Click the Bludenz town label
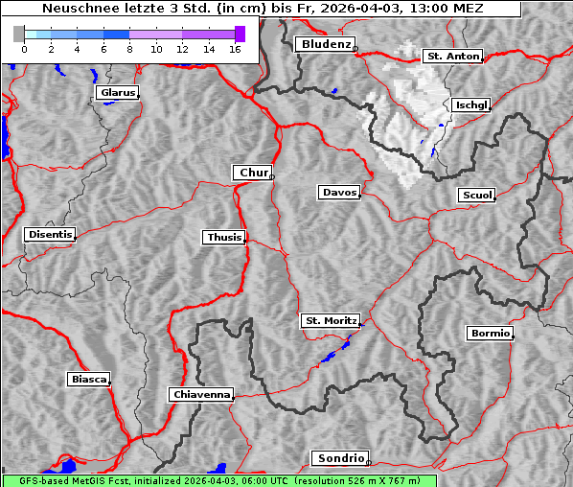[324, 44]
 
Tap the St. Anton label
[451, 57]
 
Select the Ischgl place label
[471, 104]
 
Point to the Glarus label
[117, 93]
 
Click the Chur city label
[253, 173]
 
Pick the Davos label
[338, 193]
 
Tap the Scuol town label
[476, 196]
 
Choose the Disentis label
[50, 235]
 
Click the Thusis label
[224, 237]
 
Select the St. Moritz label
[330, 320]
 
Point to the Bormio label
[490, 334]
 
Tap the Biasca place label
[88, 380]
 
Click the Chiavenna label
[200, 394]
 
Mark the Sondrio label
[339, 458]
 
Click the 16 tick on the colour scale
[234, 48]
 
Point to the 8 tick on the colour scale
[129, 48]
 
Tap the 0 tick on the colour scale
[24, 48]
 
